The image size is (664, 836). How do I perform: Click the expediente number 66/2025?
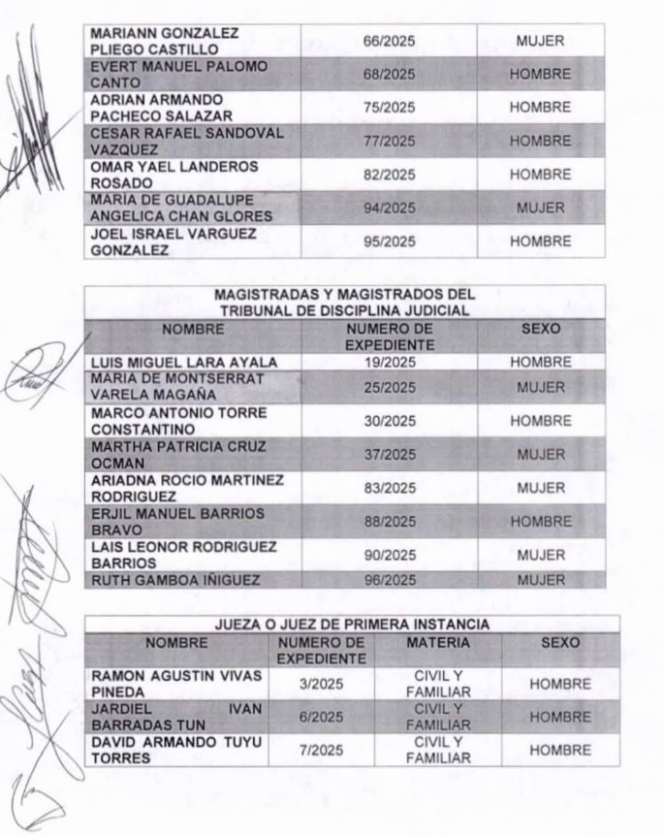coord(388,42)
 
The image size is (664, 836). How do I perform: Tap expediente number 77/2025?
coord(388,141)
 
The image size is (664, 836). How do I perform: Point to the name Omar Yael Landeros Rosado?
coord(174,175)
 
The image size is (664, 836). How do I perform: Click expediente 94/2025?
coord(388,208)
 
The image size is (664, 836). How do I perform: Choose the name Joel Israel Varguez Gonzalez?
coord(173,241)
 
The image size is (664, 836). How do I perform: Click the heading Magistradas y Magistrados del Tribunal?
coord(344,302)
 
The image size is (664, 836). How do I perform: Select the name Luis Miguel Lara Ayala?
coord(184,362)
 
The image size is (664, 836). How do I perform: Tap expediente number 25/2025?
coord(388,387)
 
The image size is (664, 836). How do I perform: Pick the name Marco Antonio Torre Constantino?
coord(178,420)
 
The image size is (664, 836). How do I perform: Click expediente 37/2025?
coord(388,454)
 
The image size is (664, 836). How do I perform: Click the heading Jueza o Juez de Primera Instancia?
coord(351,624)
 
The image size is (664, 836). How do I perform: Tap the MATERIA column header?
coord(438,642)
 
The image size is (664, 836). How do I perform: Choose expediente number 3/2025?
coord(321,684)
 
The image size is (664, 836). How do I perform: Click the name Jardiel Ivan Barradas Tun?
coord(176,717)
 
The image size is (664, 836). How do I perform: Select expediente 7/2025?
coord(321,751)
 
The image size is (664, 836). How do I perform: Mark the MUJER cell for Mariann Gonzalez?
coord(540,42)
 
